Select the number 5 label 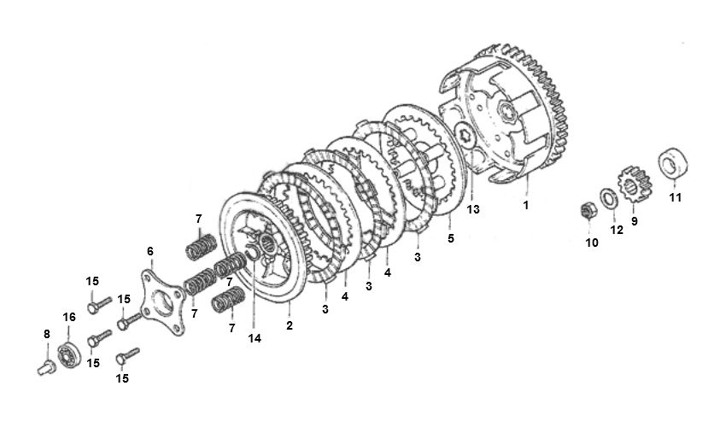[x=450, y=240]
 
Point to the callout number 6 [x=150, y=251]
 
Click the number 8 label [x=46, y=335]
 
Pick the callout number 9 [x=635, y=220]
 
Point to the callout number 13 [x=472, y=208]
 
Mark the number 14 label [x=255, y=337]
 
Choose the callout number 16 [x=69, y=317]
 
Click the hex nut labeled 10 [x=588, y=210]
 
